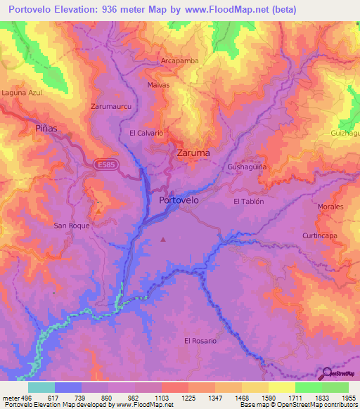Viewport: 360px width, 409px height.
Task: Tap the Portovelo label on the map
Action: point(179,200)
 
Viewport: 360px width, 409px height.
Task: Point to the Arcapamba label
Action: point(179,61)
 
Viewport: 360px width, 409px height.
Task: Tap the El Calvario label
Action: point(146,133)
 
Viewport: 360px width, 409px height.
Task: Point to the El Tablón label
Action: point(248,201)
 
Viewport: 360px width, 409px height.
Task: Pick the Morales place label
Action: point(330,207)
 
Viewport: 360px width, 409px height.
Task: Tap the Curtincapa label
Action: point(320,235)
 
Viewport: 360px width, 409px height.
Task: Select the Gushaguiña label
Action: point(247,167)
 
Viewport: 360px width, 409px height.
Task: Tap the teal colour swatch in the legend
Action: point(41,387)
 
